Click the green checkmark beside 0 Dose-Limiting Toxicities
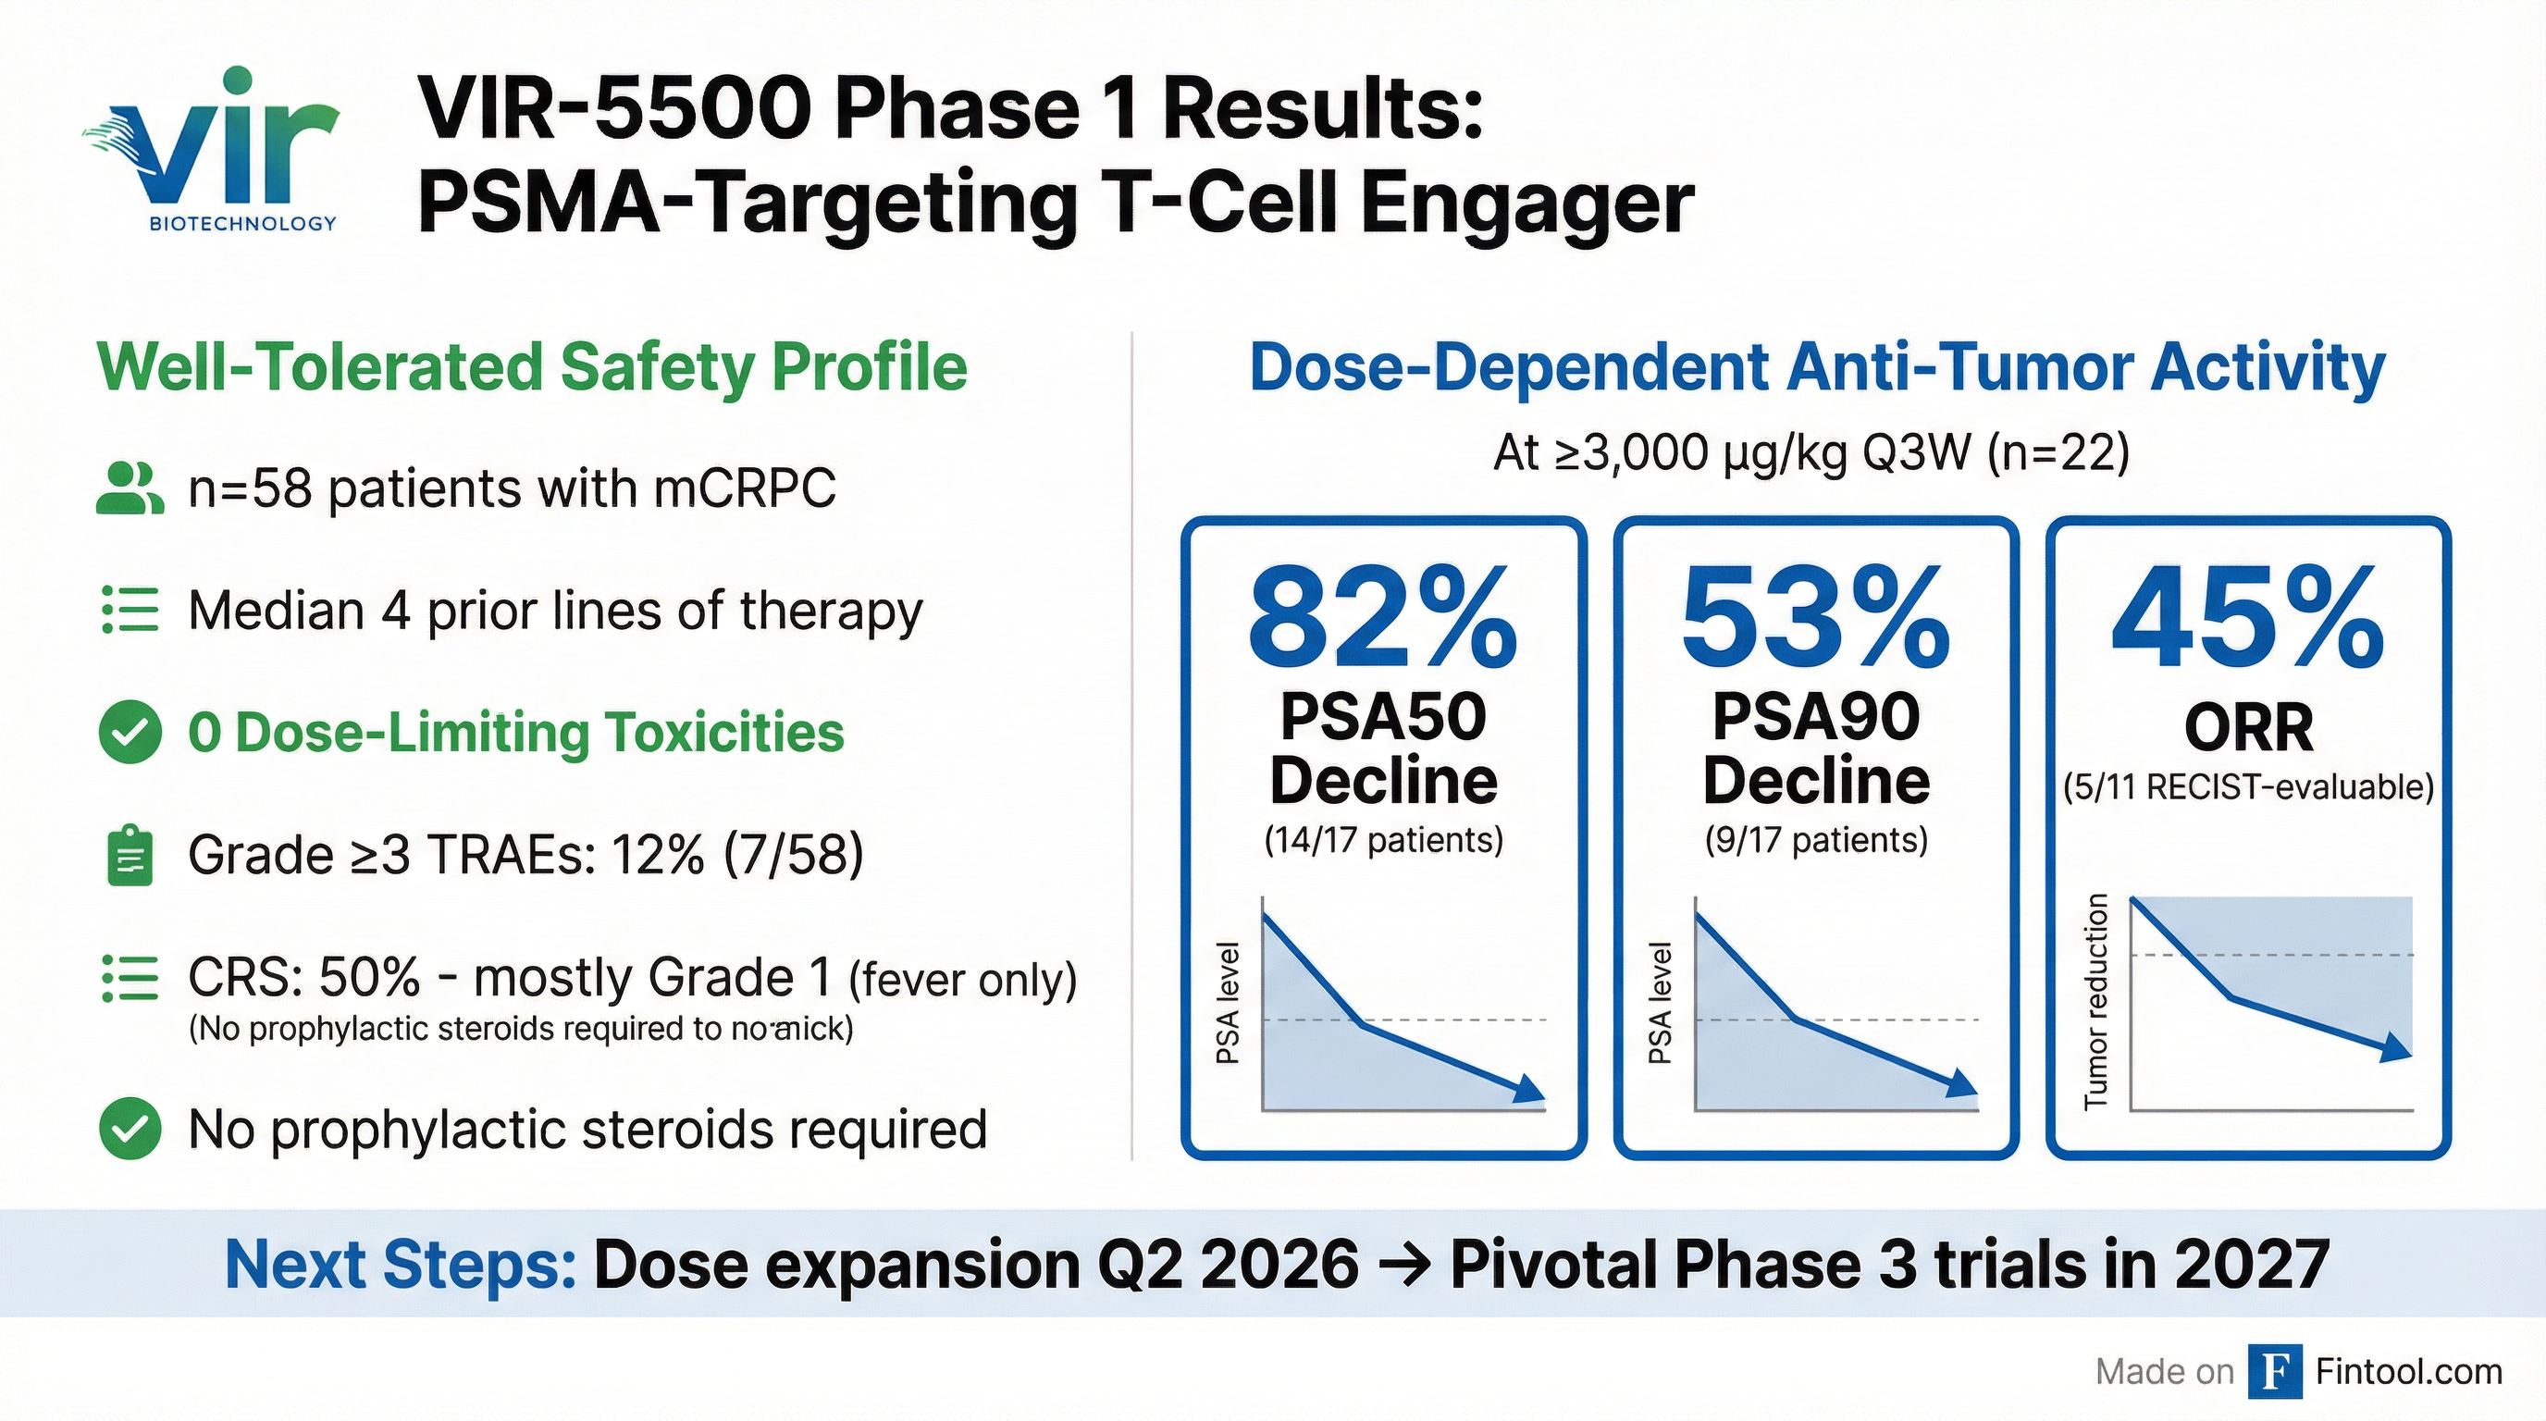[x=130, y=732]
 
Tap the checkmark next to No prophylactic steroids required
[x=130, y=1129]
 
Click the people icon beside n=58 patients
[x=130, y=488]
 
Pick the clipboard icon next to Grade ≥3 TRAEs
[x=130, y=855]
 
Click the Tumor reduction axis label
[x=2095, y=1001]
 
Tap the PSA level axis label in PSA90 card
[x=1661, y=1003]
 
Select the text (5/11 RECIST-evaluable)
[x=2247, y=787]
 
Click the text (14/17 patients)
[x=1383, y=840]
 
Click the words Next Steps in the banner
[x=401, y=1264]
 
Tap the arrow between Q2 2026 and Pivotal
[x=1403, y=1265]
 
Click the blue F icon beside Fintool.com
[x=2275, y=1372]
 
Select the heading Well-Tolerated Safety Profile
[x=532, y=367]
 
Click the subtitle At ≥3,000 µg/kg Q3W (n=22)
[x=1811, y=453]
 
